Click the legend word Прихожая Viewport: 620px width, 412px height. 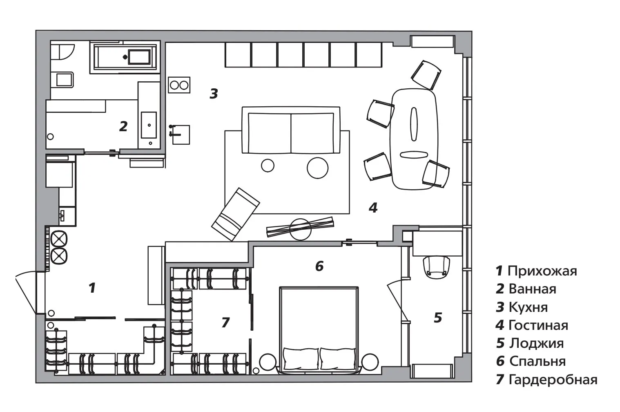click(542, 271)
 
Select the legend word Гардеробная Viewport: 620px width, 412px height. click(553, 380)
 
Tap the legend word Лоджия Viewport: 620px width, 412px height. click(536, 343)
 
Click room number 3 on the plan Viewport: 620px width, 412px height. click(214, 94)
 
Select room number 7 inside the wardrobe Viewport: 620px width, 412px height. click(225, 322)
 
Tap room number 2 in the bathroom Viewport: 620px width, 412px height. click(123, 126)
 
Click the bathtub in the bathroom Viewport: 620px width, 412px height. click(125, 57)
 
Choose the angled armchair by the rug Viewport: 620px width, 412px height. click(235, 214)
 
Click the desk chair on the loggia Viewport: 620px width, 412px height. click(437, 266)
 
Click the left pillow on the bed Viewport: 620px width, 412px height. click(301, 358)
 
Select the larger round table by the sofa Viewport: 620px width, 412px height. click(317, 168)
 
